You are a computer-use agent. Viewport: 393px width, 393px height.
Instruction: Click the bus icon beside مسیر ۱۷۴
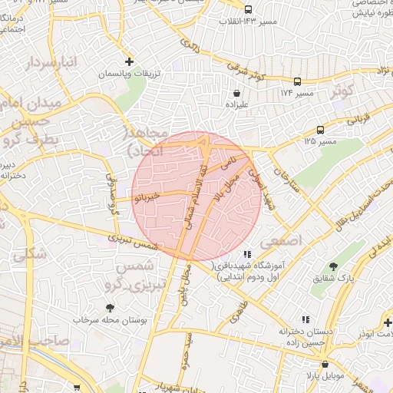297,81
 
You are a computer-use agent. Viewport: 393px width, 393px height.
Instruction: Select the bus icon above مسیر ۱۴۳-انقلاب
248,9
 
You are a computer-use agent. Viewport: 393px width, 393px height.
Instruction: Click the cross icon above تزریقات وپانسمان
129,61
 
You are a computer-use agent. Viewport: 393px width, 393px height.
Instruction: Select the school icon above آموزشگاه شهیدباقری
246,253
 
